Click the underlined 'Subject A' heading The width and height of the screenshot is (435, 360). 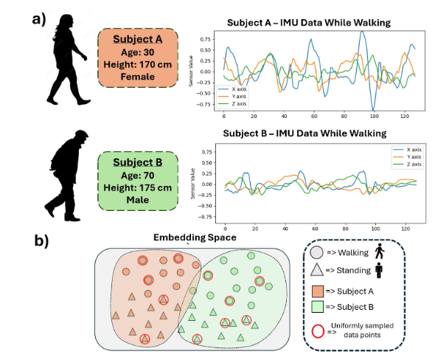pyautogui.click(x=139, y=38)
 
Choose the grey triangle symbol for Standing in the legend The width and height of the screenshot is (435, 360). pyautogui.click(x=316, y=271)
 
